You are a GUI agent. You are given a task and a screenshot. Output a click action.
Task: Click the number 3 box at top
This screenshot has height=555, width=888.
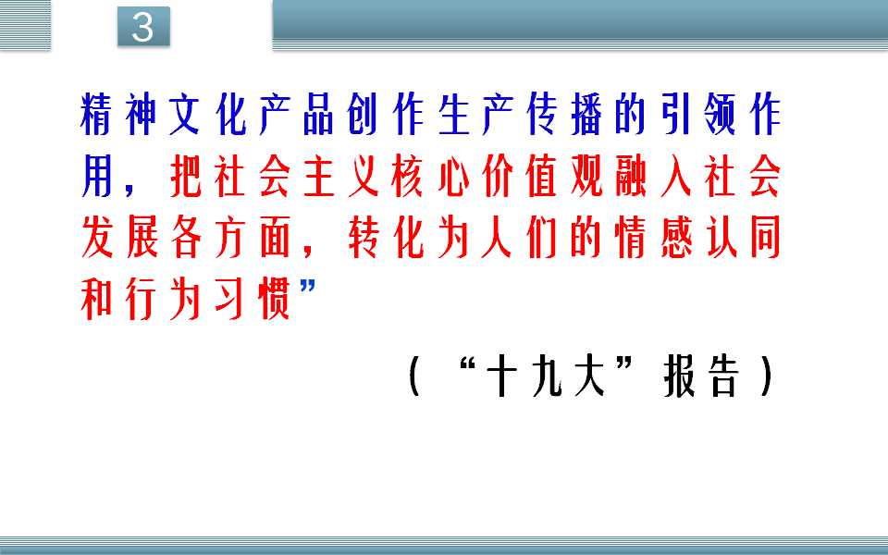143,27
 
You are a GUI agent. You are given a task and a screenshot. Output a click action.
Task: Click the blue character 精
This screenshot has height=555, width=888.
95,115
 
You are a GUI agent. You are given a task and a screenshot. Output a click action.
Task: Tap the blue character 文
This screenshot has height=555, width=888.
184,115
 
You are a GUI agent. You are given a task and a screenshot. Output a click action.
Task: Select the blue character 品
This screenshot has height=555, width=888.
317,115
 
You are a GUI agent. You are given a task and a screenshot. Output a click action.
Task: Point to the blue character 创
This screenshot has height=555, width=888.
362,115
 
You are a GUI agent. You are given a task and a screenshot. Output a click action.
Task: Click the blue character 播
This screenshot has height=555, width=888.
586,115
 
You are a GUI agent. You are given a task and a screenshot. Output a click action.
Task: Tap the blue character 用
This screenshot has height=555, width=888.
95,176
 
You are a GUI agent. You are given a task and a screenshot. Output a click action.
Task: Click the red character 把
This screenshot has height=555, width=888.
185,176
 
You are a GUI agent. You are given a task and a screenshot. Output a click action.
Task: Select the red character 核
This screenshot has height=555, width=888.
407,176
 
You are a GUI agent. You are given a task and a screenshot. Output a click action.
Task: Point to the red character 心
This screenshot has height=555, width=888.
452,176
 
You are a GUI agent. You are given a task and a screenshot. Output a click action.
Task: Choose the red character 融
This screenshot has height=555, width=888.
630,176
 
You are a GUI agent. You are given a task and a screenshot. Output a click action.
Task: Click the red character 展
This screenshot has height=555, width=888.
141,238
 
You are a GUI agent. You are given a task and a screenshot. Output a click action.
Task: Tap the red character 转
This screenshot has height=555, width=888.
363,238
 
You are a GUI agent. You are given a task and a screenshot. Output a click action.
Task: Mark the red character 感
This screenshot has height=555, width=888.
675,238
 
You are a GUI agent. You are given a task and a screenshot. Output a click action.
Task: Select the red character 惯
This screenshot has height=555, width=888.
274,299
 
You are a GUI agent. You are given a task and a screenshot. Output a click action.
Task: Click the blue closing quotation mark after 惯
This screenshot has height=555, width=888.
307,287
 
